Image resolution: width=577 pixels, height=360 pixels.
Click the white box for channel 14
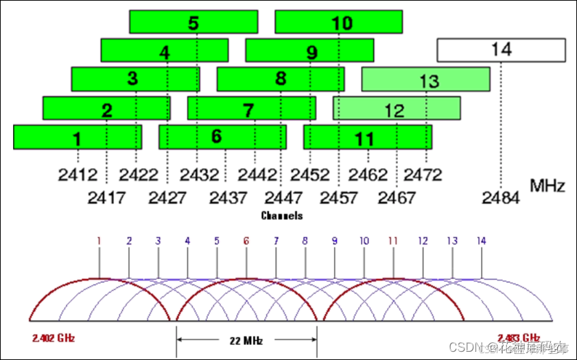point(501,50)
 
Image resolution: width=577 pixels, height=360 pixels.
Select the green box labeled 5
point(193,22)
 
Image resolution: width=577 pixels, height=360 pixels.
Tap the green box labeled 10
point(339,22)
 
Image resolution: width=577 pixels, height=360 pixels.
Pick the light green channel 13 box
point(425,80)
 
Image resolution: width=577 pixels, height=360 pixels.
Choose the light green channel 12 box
point(397,108)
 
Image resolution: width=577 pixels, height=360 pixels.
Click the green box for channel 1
point(78,137)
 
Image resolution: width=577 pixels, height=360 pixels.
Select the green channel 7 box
point(251,108)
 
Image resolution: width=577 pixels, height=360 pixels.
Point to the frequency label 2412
point(78,175)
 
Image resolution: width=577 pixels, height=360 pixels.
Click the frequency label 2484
point(501,198)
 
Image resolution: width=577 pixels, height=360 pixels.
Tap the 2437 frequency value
point(228,198)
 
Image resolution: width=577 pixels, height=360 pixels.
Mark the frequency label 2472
point(423,175)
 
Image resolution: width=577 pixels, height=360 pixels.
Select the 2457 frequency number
point(338,198)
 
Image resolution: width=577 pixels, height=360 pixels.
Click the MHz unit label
point(547,186)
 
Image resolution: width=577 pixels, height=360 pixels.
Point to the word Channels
point(281,215)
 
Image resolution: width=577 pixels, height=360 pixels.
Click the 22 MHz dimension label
point(246,339)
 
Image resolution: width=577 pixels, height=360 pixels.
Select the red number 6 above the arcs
point(246,241)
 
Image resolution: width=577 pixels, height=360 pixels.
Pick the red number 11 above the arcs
point(393,241)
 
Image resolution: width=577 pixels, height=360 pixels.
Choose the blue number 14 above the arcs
point(482,241)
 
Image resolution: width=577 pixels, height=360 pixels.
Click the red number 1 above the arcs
point(99,241)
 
